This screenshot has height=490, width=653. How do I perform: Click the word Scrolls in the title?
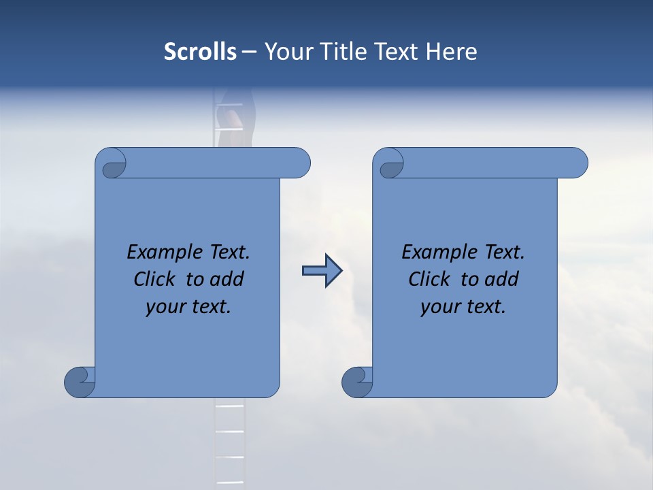[200, 52]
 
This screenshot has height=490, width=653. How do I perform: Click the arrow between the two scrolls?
[322, 271]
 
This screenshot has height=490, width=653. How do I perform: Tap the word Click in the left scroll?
[156, 279]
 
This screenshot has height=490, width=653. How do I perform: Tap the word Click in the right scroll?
[430, 279]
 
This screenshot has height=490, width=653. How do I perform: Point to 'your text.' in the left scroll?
[188, 307]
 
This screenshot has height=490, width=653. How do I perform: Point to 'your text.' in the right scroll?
[463, 307]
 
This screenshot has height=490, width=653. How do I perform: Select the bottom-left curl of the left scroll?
[80, 381]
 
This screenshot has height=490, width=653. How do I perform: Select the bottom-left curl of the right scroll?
[357, 381]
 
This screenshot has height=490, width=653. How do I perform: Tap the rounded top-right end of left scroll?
[299, 163]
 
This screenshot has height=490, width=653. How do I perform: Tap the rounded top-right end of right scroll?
[577, 163]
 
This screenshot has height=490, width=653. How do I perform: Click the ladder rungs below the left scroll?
[229, 442]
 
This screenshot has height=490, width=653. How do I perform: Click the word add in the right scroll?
[502, 279]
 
